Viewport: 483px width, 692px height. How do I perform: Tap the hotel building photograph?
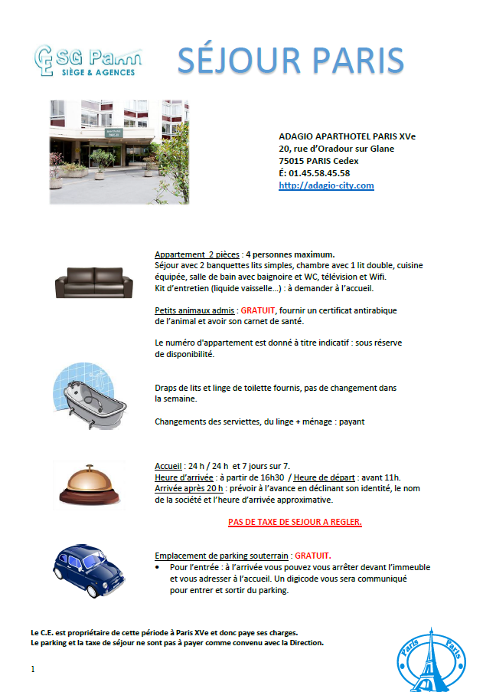pyautogui.click(x=119, y=151)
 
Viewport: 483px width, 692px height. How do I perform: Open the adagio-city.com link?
pyautogui.click(x=326, y=185)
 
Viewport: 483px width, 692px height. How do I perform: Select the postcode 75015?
pyautogui.click(x=293, y=161)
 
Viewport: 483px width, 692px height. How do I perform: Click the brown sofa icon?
pyautogui.click(x=89, y=283)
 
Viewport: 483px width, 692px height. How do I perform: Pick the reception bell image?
pyautogui.click(x=89, y=484)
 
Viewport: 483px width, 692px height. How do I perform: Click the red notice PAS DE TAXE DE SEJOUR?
pyautogui.click(x=295, y=523)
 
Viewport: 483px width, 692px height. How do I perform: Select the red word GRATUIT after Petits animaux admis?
pyautogui.click(x=263, y=311)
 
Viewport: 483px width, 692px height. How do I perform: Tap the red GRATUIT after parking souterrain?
pyautogui.click(x=317, y=555)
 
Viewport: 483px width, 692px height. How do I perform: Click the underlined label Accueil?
pyautogui.click(x=168, y=466)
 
